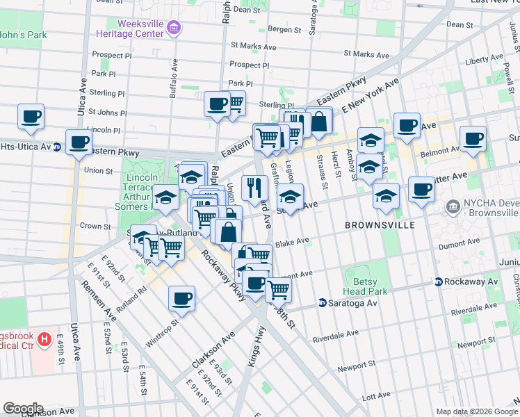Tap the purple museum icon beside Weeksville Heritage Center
pyautogui.click(x=174, y=28)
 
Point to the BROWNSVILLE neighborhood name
pyautogui.click(x=379, y=225)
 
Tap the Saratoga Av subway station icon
pyautogui.click(x=323, y=302)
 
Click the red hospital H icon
pyautogui.click(x=44, y=340)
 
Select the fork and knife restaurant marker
pyautogui.click(x=254, y=187)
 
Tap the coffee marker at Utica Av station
pyautogui.click(x=79, y=142)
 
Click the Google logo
pyautogui.click(x=23, y=409)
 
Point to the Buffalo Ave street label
pyautogui.click(x=174, y=69)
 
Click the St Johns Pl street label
pyautogui.click(x=108, y=112)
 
